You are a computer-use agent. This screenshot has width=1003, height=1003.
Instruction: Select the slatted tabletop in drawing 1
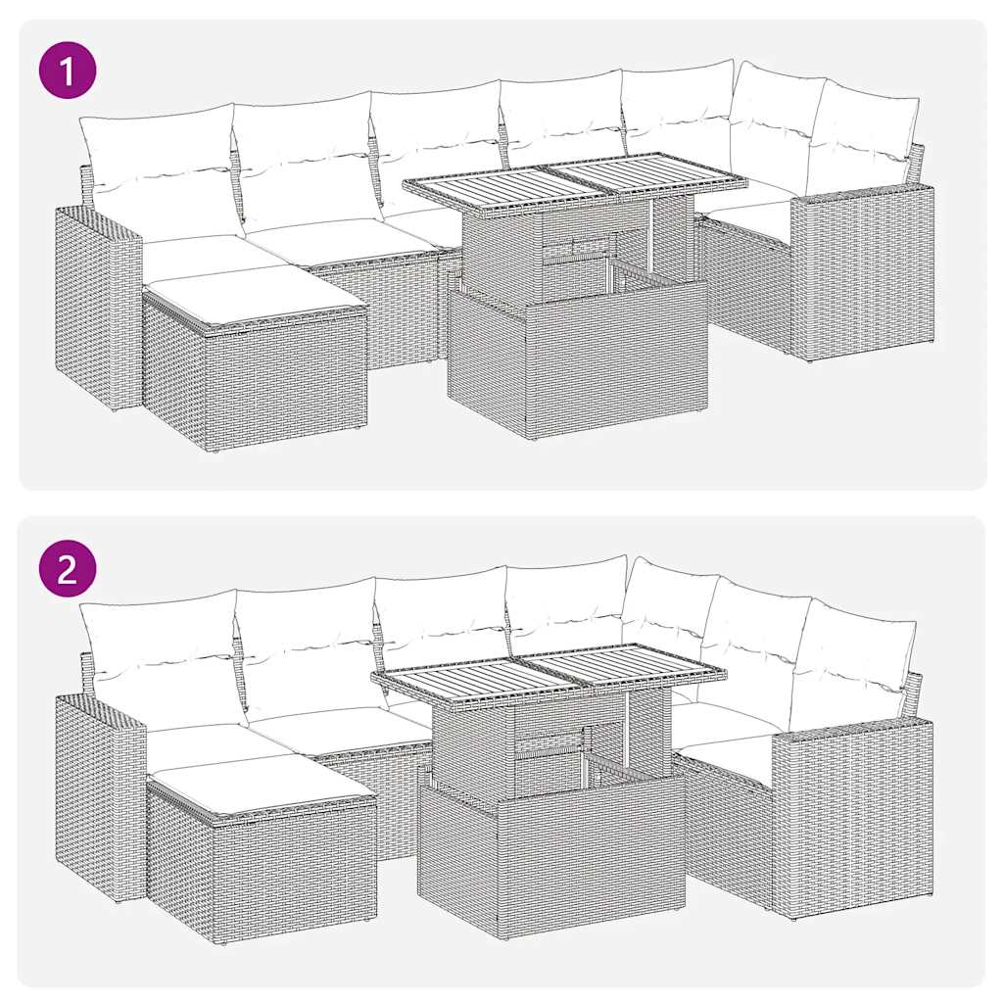pos(576,181)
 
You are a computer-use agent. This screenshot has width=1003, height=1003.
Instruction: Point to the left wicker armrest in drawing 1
pos(96,304)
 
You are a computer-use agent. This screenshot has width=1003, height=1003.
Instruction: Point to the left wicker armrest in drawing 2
pos(98,793)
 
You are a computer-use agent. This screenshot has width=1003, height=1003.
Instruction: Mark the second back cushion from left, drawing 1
pos(306,157)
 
